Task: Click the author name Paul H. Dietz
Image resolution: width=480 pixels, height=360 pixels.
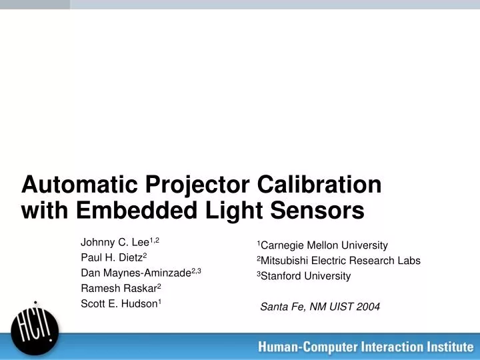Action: pos(111,257)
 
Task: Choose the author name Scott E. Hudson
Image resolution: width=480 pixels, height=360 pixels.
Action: pos(119,303)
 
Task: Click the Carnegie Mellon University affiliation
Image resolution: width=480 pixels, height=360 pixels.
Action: pos(324,245)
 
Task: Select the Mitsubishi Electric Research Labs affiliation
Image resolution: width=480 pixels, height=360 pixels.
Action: pos(340,261)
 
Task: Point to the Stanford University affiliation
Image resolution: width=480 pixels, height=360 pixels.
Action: pos(305,276)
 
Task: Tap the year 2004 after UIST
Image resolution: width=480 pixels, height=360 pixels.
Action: pos(368,307)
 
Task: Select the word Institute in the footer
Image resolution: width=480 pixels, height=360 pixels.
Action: pos(449,347)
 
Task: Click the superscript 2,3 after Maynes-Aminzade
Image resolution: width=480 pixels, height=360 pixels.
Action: pos(196,270)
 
